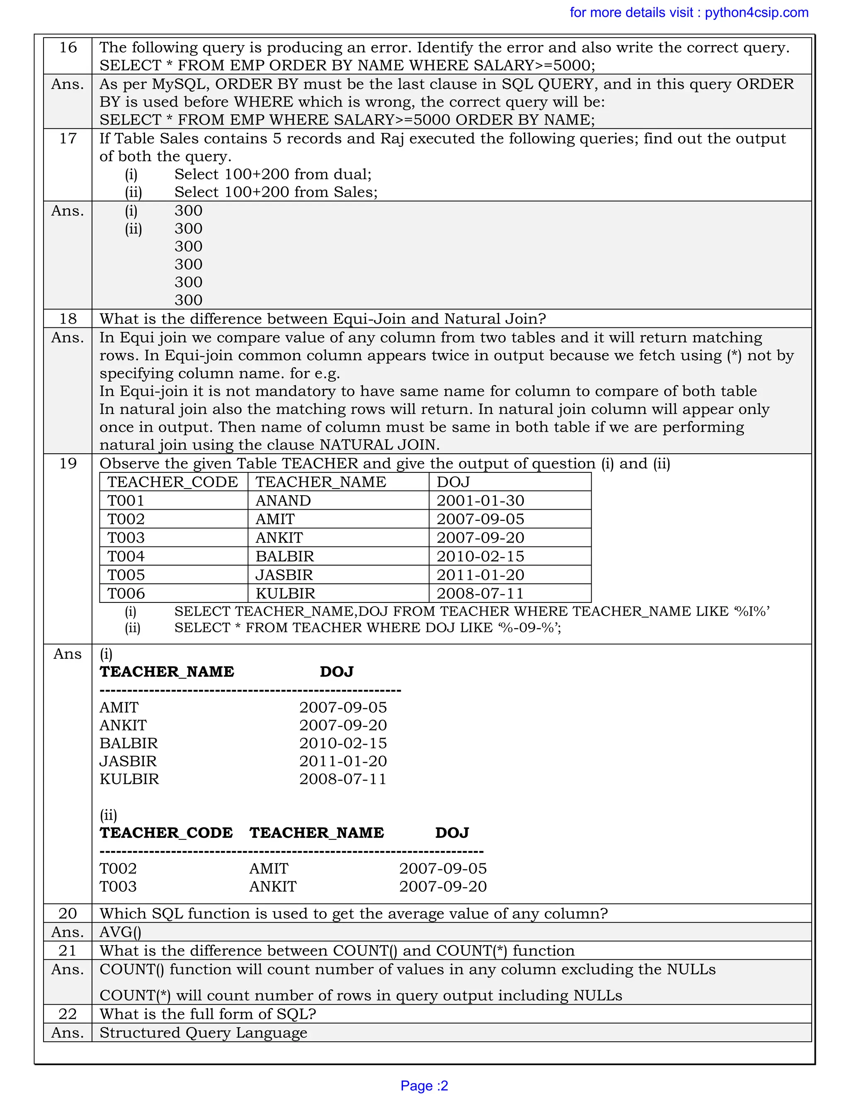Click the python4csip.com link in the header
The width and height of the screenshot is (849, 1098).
click(x=756, y=12)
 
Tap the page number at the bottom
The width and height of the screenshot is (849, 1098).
click(x=424, y=1086)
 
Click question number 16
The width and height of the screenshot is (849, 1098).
click(x=68, y=48)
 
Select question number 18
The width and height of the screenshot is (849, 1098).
click(x=68, y=319)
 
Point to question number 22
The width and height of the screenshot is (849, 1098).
click(x=68, y=1014)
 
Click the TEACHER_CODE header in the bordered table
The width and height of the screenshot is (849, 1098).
click(x=172, y=482)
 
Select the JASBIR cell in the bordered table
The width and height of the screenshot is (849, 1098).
click(x=284, y=575)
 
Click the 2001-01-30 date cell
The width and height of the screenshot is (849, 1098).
click(x=480, y=501)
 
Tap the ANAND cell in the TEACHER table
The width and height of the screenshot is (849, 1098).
click(x=283, y=501)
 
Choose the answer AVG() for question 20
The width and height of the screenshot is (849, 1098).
click(x=120, y=932)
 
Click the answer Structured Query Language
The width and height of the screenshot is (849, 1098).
click(x=203, y=1033)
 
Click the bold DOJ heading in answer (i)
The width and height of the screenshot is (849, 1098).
click(x=337, y=672)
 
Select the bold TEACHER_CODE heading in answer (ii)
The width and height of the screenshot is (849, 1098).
click(x=166, y=832)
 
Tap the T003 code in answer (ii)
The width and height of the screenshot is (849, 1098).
click(x=118, y=886)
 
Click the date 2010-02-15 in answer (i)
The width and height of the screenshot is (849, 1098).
click(x=343, y=743)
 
